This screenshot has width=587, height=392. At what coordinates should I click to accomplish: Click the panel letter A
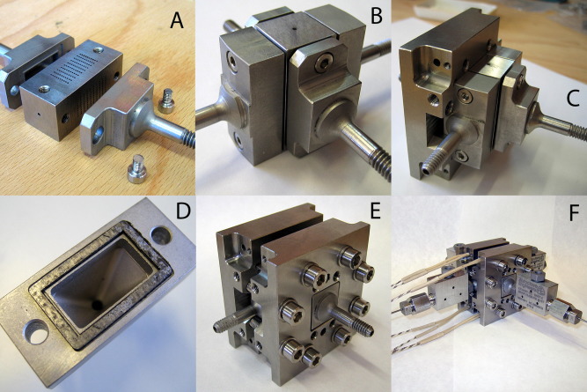(177, 20)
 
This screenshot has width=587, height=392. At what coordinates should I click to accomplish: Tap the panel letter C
(573, 99)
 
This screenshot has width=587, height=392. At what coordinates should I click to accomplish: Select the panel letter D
(183, 211)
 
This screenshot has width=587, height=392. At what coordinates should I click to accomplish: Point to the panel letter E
(375, 211)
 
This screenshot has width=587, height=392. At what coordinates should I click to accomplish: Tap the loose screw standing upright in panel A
(165, 100)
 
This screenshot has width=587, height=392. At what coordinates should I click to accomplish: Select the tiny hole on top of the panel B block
(296, 27)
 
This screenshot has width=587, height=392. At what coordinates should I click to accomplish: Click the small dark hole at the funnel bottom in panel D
(97, 305)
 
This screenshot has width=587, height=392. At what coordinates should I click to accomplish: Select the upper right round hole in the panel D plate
(161, 236)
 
